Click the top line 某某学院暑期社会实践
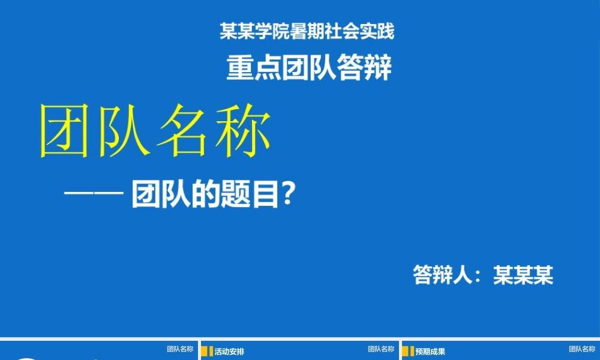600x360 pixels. click(307, 31)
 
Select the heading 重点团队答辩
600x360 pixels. click(309, 68)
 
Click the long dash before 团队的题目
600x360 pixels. click(94, 196)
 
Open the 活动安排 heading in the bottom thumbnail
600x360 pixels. click(229, 352)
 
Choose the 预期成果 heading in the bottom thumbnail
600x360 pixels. click(430, 352)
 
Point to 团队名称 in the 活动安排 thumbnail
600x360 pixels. click(381, 349)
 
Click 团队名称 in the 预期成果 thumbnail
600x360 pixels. click(582, 349)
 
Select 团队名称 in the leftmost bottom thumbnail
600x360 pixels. click(180, 349)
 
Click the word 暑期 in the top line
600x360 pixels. click(307, 31)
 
